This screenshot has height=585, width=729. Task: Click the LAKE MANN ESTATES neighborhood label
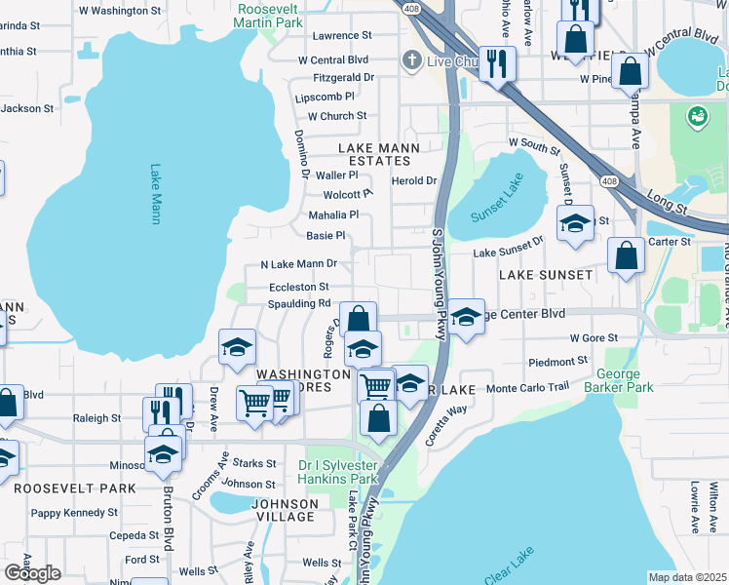(x=378, y=155)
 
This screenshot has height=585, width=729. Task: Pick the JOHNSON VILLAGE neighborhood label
(x=286, y=510)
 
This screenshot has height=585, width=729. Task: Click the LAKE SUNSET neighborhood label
(x=545, y=275)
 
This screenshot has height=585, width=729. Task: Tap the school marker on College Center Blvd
(x=467, y=316)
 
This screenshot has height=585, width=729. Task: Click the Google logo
(x=32, y=573)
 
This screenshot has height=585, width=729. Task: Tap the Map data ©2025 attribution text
(x=686, y=577)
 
